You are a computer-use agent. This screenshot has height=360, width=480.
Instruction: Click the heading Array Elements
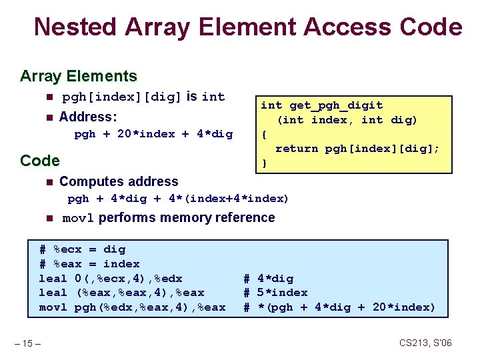[78, 76]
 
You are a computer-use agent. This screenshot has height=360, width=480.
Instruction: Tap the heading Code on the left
[40, 161]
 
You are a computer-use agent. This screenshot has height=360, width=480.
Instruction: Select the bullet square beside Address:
[48, 117]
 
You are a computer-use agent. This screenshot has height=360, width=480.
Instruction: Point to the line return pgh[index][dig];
[357, 149]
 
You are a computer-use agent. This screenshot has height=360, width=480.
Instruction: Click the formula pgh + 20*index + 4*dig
[153, 134]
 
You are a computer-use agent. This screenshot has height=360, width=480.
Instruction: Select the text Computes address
[119, 181]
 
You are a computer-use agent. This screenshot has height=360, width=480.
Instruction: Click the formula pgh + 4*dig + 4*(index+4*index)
[178, 199]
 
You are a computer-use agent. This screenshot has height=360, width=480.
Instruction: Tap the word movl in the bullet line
[78, 218]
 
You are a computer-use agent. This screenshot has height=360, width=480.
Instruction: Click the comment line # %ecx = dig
[82, 249]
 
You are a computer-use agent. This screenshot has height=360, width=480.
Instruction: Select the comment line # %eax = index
[89, 264]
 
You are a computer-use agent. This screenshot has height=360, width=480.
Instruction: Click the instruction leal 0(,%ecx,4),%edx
[111, 279]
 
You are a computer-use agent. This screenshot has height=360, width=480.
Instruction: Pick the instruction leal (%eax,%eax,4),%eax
[122, 293]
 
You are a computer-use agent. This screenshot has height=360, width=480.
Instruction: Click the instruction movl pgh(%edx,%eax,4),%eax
[132, 307]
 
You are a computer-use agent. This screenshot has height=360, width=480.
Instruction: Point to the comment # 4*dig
[268, 279]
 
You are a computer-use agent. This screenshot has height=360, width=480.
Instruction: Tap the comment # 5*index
[275, 293]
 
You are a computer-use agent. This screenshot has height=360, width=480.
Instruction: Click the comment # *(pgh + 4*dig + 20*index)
[339, 307]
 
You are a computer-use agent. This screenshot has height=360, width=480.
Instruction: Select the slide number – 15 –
[29, 343]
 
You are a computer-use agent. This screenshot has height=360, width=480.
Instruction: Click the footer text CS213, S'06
[425, 343]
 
